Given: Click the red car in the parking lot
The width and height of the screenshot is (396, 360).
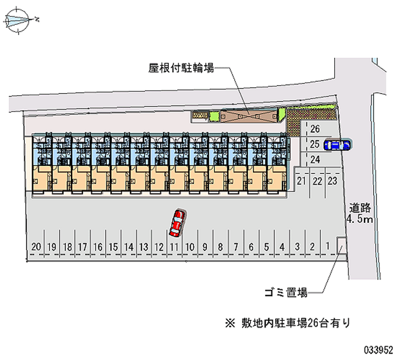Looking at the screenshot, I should [177, 222].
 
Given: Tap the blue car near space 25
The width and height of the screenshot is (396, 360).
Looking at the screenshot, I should [337, 145].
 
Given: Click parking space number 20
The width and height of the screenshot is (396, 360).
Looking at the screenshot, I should [36, 246].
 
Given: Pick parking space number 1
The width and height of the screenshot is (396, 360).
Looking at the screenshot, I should [328, 246].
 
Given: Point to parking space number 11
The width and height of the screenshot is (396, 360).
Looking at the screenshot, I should [174, 246].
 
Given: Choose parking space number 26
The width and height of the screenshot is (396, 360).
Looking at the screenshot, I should [315, 130].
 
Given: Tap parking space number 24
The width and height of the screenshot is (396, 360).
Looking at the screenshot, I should [315, 159].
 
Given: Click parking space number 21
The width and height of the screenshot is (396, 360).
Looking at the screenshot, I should [302, 181].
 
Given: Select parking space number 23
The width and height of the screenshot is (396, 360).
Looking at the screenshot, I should [333, 181].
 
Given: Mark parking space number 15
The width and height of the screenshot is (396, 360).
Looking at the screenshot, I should [113, 246].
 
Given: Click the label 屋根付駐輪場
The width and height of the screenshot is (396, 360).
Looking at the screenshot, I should [181, 68].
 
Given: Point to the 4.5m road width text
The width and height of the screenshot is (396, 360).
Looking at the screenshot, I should [359, 219].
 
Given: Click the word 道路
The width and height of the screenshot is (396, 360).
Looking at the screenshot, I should [359, 208].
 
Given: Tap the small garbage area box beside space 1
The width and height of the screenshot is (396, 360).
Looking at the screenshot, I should [342, 245].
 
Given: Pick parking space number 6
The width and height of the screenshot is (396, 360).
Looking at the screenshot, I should [251, 246].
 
